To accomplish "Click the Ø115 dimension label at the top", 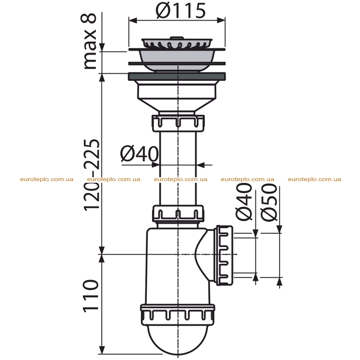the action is (x=181, y=11).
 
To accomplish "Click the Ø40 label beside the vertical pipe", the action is (x=139, y=154).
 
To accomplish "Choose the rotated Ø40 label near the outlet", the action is (x=244, y=201).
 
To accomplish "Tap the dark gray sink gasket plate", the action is (x=177, y=76).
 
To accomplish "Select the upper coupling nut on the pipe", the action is (x=178, y=123).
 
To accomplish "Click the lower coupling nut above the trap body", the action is (x=178, y=213).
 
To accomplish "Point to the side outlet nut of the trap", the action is (x=225, y=255).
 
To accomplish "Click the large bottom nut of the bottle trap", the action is (x=178, y=315).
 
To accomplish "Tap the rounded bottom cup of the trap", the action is (x=178, y=340).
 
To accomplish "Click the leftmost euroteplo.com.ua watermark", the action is (x=47, y=179).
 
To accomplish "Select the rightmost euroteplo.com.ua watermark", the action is (x=314, y=179).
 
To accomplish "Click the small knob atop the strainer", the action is (x=176, y=37).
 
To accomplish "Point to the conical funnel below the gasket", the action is (x=177, y=105).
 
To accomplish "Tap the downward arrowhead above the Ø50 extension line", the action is (x=279, y=229).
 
